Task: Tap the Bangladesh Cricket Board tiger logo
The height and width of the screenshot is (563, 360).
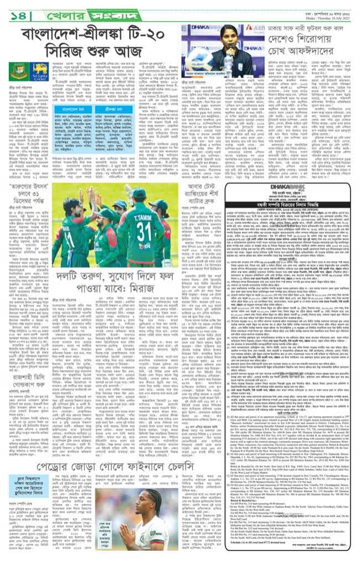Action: pyautogui.click(x=17, y=70)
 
